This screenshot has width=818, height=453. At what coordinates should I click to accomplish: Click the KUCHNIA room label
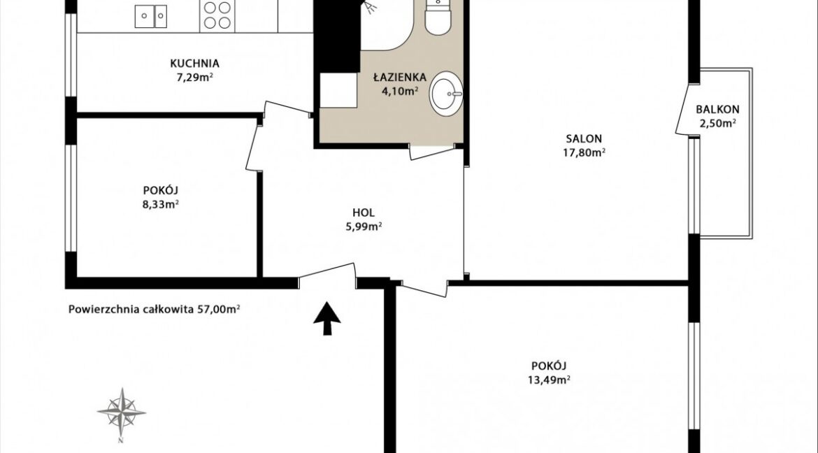pyautogui.click(x=194, y=64)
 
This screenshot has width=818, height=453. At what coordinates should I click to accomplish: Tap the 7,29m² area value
pyautogui.click(x=194, y=78)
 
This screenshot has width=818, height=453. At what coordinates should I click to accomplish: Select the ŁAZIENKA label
pyautogui.click(x=400, y=77)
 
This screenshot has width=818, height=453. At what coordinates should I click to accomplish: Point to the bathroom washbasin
pyautogui.click(x=447, y=94)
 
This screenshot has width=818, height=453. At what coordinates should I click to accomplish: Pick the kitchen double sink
pyautogui.click(x=151, y=15)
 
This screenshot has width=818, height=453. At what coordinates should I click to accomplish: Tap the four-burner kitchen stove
pyautogui.click(x=217, y=15)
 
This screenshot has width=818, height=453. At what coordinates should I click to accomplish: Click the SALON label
pyautogui.click(x=584, y=139)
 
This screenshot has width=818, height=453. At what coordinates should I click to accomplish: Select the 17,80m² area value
pyautogui.click(x=584, y=153)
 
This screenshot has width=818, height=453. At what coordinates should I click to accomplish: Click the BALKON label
pyautogui.click(x=717, y=110)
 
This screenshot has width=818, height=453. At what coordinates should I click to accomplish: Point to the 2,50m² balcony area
pyautogui.click(x=717, y=124)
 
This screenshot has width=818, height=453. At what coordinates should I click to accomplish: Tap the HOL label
pyautogui.click(x=364, y=213)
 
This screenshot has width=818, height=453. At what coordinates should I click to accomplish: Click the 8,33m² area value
pyautogui.click(x=161, y=204)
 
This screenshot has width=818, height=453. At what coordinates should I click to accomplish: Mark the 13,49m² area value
pyautogui.click(x=549, y=380)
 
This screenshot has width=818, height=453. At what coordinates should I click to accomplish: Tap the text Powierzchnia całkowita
pyautogui.click(x=131, y=309)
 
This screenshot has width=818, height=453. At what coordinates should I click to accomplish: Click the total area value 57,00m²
pyautogui.click(x=219, y=309)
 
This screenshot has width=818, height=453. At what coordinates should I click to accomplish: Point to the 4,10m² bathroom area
pyautogui.click(x=400, y=92)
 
